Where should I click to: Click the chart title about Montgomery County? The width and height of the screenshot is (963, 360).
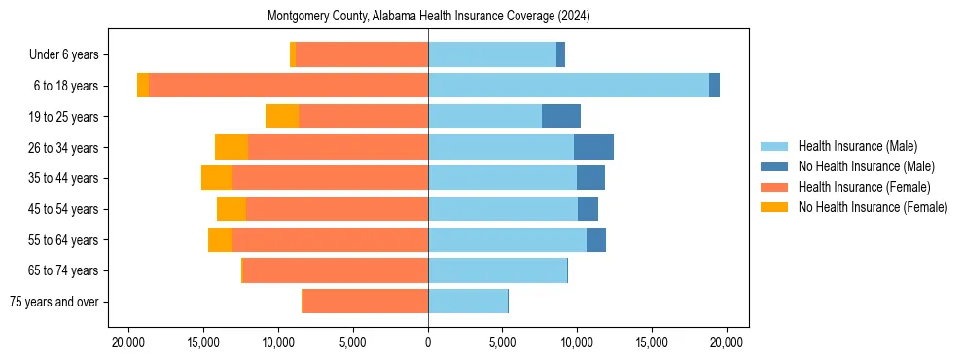click(428, 17)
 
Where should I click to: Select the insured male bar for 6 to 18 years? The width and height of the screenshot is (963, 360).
click(568, 86)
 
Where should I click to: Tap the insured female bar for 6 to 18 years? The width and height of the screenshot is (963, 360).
click(288, 86)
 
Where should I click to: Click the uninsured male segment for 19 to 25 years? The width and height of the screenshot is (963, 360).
click(561, 117)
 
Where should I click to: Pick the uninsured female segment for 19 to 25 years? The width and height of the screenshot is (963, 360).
click(282, 117)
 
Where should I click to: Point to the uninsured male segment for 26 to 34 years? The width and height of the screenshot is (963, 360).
click(593, 147)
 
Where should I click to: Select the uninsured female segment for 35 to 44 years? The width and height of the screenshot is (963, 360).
click(217, 178)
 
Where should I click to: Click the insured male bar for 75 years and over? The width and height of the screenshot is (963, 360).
click(468, 302)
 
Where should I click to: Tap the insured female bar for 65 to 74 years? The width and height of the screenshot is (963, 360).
click(336, 270)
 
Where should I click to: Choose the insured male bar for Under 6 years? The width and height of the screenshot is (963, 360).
click(492, 54)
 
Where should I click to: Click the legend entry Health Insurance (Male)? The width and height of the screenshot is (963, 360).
click(857, 146)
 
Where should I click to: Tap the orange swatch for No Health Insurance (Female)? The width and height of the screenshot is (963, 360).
click(775, 207)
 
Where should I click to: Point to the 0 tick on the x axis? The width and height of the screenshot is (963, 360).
click(428, 342)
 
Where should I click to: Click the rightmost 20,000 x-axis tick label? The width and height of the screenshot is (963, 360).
click(727, 342)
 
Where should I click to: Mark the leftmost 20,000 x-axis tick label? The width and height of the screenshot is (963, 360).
click(128, 342)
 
